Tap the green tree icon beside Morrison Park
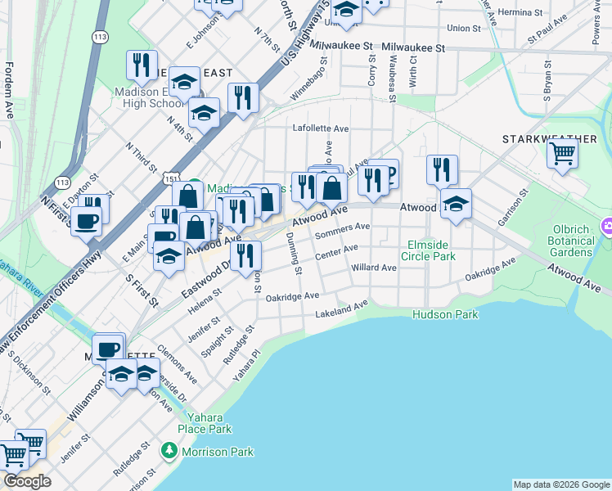click(x=169, y=451)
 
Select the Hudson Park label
click(x=445, y=314)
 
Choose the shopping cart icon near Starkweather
click(x=563, y=153)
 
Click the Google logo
click(x=27, y=481)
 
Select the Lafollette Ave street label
click(x=322, y=128)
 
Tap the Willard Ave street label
click(x=374, y=268)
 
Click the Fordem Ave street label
click(x=9, y=90)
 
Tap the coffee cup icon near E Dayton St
click(x=86, y=220)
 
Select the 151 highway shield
click(x=167, y=177)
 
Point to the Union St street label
click(x=464, y=28)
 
